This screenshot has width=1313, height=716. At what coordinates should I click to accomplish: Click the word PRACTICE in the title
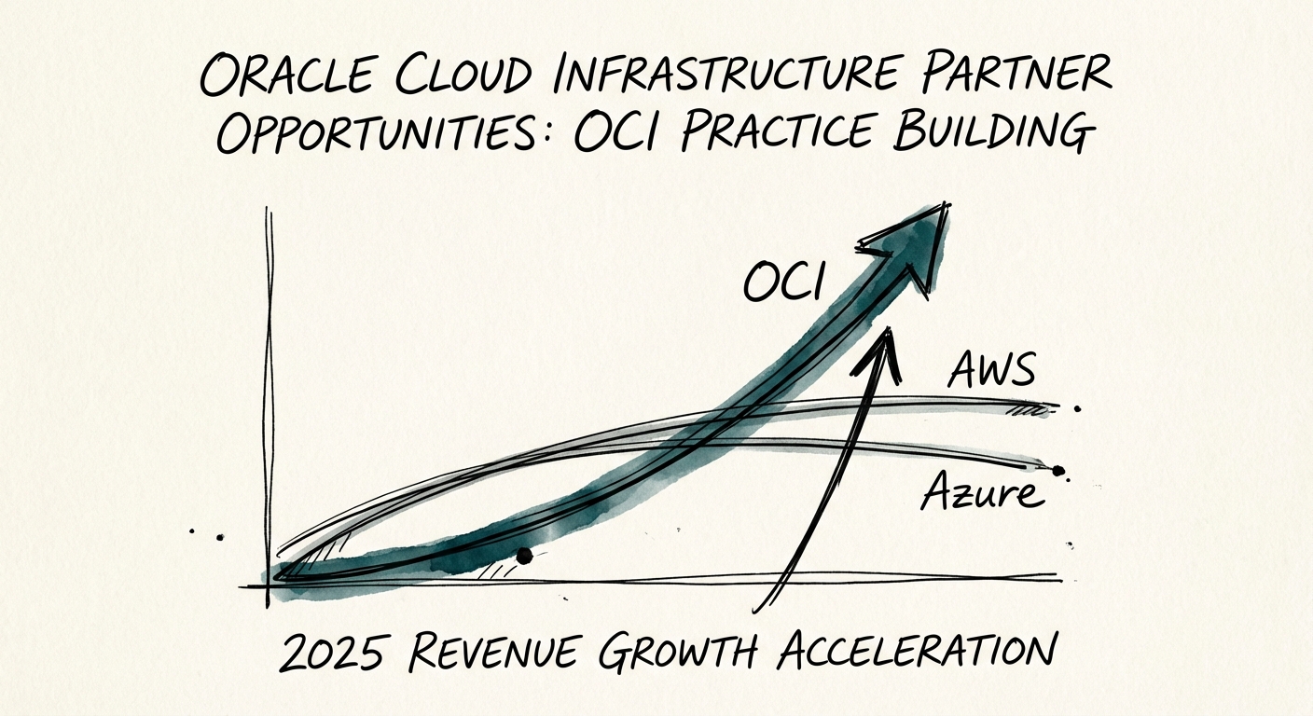(775, 136)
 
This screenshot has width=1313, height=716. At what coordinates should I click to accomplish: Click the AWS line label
(991, 370)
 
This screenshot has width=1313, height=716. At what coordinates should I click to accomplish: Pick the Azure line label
(982, 491)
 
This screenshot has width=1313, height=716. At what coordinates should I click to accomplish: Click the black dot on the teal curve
(524, 556)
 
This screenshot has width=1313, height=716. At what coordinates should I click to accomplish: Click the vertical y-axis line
(268, 401)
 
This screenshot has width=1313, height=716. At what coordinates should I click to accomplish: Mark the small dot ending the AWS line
(1078, 408)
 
